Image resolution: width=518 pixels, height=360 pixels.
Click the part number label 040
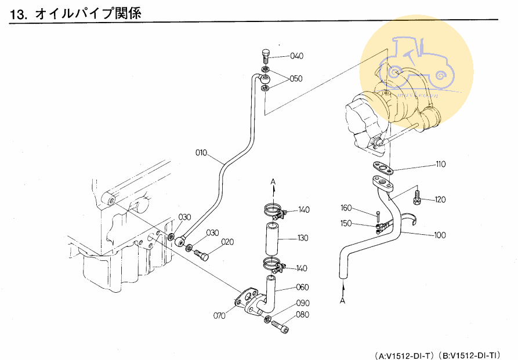(x=296, y=56)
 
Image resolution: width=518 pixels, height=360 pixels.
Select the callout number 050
(x=296, y=79)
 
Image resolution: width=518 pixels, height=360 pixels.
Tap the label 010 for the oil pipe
(x=201, y=153)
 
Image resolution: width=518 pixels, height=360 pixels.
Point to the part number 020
(x=227, y=242)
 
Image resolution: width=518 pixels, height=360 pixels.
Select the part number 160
(x=347, y=208)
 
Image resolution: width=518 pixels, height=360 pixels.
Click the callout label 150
(x=347, y=223)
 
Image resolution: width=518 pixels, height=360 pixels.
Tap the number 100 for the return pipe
(x=440, y=235)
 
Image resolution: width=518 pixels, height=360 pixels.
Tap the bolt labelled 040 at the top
(x=266, y=57)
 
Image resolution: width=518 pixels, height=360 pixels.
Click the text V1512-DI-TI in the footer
(x=473, y=354)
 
